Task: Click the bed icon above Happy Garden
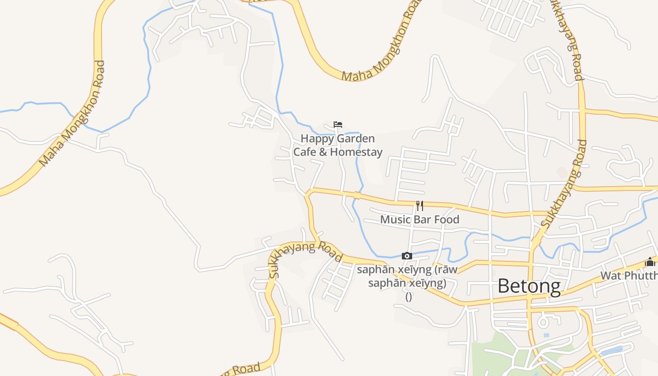pyautogui.click(x=337, y=125)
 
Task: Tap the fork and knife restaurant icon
pyautogui.click(x=420, y=206)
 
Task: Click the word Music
pyautogui.click(x=395, y=219)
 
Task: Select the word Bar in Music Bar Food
pyautogui.click(x=423, y=219)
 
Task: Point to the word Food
pyautogui.click(x=446, y=219)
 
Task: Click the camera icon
pyautogui.click(x=407, y=256)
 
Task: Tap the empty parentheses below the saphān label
pyautogui.click(x=408, y=297)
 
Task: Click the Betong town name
pyautogui.click(x=529, y=286)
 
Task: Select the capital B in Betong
pyautogui.click(x=504, y=286)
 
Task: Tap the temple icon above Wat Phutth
pyautogui.click(x=650, y=262)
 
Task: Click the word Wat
pyautogui.click(x=611, y=275)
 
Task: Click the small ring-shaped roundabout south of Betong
pyautogui.click(x=543, y=322)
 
